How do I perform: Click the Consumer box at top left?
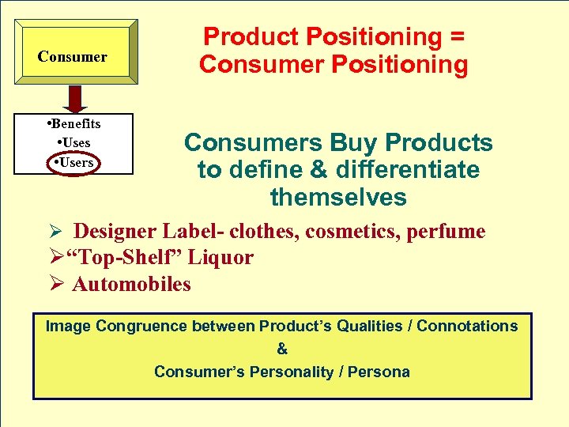coord(73,56)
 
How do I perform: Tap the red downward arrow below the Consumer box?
coord(75,98)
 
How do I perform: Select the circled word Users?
coord(71,162)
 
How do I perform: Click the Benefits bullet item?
coord(73,123)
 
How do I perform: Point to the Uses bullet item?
coord(73,142)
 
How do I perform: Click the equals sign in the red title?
coord(454,36)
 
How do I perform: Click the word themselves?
coord(338,196)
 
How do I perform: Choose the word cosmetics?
coord(349,231)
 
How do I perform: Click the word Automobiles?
coord(131,284)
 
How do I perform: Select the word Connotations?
coord(467,326)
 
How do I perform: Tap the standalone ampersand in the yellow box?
coord(282,349)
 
